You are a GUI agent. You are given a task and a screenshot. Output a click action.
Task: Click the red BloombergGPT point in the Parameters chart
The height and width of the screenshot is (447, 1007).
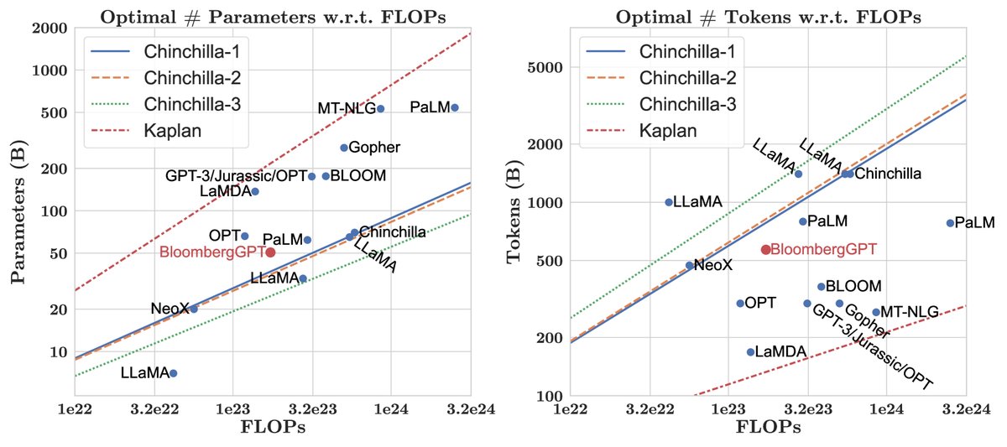coord(270,252)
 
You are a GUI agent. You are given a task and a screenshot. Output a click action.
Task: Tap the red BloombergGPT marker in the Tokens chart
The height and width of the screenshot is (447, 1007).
coord(765,249)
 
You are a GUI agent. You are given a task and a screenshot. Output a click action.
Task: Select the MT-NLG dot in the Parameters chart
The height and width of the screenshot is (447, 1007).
coord(380,108)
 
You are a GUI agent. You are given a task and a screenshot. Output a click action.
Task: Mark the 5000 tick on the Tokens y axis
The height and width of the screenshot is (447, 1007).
coord(545,67)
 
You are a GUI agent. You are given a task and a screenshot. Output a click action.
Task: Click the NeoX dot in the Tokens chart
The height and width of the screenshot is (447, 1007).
coord(690,265)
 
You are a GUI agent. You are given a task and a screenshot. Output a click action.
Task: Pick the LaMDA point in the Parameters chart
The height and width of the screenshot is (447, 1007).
coord(255,191)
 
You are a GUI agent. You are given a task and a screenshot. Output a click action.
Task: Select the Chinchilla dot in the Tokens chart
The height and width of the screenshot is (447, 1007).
coord(850,174)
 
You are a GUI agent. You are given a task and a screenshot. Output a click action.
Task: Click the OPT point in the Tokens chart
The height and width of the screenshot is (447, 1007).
coord(740,303)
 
